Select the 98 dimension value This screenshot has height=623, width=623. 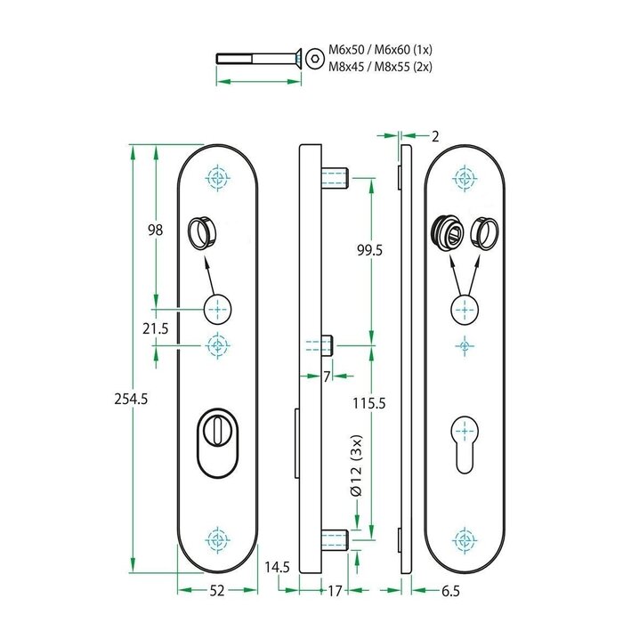tap(155, 230)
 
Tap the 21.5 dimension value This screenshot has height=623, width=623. tap(156, 328)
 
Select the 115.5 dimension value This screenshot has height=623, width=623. tap(368, 403)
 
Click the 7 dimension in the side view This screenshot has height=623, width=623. tap(327, 376)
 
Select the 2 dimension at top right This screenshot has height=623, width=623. tap(434, 136)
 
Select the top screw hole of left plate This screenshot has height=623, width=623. tap(216, 178)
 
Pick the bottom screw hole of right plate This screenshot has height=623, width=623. tap(462, 539)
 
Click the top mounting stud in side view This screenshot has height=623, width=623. tap(337, 176)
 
